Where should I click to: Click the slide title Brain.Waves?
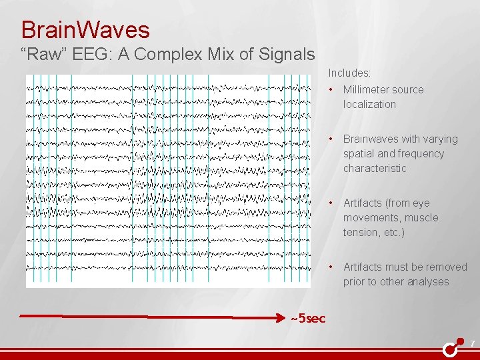pos(85,29)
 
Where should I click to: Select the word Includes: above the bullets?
pos(349,73)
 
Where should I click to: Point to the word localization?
pos(369,104)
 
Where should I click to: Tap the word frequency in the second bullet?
pos(421,153)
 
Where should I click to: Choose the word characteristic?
pos(375,168)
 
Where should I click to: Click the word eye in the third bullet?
pos(421,203)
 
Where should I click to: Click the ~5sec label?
pos(308,318)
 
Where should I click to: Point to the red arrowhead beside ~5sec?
pos(278,318)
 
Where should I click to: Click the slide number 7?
pos(472,344)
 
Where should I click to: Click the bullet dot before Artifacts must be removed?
pos(331,267)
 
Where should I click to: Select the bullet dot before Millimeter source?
pos(331,89)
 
